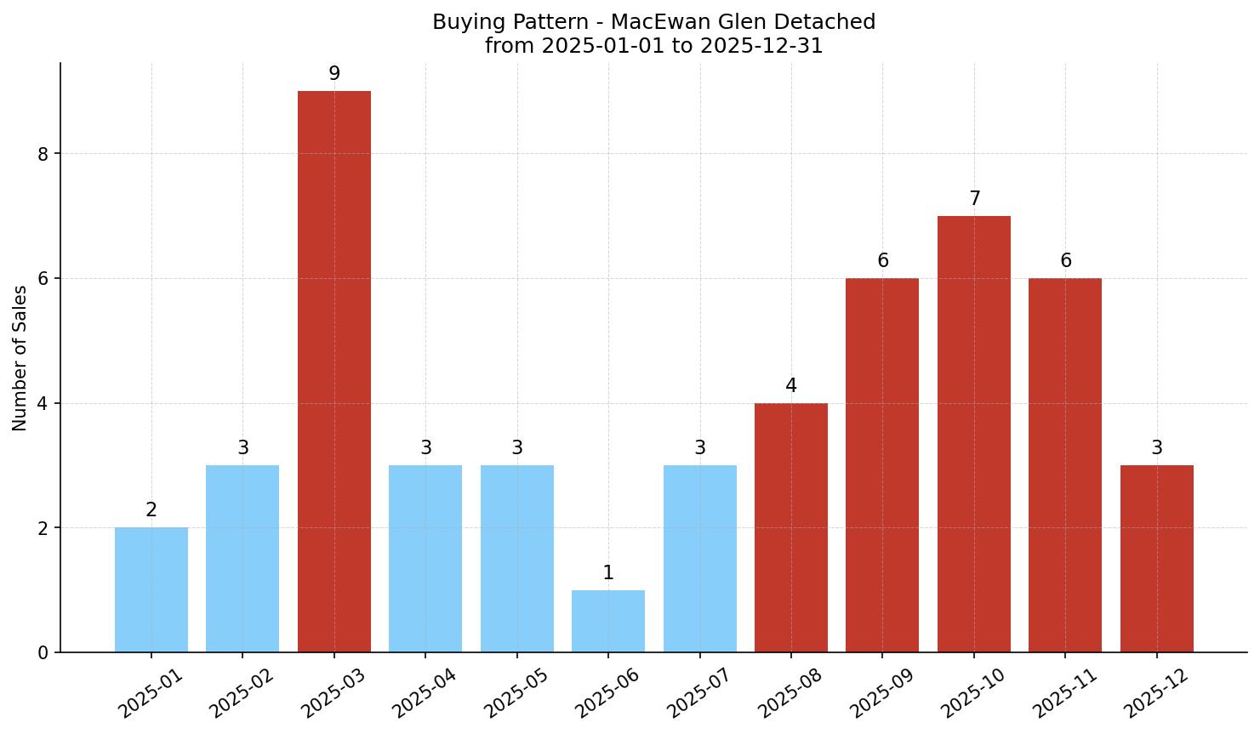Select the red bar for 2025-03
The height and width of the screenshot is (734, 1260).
pos(334,372)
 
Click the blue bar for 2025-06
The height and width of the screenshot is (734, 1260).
pos(608,622)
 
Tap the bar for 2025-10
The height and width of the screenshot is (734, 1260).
pos(974,434)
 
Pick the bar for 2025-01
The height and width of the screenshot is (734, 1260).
pos(151,590)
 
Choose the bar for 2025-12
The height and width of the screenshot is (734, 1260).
pos(1157,559)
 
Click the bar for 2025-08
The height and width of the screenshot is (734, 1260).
pos(791,527)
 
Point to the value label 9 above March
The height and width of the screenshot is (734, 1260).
pos(334,74)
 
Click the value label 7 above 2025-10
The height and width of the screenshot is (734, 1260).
pos(974,199)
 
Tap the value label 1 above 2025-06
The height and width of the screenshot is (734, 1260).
pos(608,573)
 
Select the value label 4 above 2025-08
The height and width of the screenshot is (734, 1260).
pos(791,386)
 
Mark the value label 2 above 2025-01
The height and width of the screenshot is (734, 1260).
pos(151,510)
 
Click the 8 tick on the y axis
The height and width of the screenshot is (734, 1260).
pos(43,154)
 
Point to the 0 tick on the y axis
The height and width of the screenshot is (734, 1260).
pos(43,653)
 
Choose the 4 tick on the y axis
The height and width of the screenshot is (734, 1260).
pos(43,403)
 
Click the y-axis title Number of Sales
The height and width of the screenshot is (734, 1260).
pos(20,358)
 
